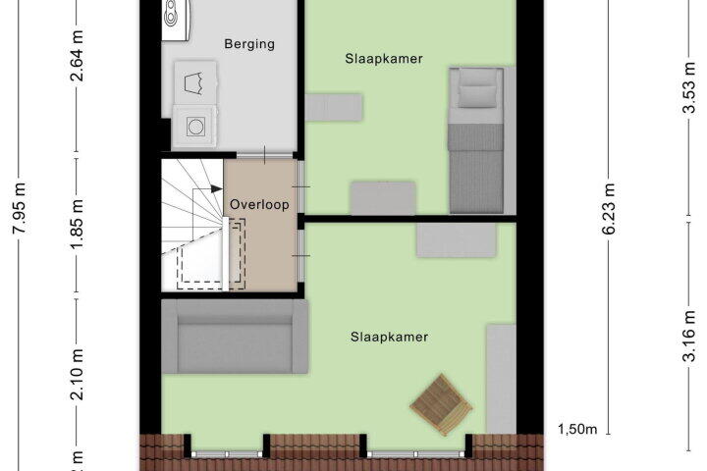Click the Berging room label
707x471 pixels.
click(249, 44)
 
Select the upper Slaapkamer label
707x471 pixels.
click(384, 59)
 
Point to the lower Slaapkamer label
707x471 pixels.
click(390, 337)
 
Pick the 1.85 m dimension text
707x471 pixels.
click(77, 225)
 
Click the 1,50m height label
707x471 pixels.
click(578, 428)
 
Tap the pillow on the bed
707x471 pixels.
click(478, 94)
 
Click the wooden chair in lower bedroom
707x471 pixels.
click(441, 404)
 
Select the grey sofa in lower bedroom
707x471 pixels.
click(235, 337)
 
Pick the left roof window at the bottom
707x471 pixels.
click(227, 452)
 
